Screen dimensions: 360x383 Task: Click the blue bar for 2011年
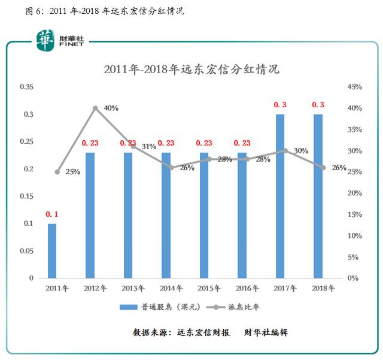click(x=52, y=251)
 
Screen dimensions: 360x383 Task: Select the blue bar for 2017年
click(x=279, y=196)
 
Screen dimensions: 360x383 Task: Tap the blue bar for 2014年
click(x=166, y=216)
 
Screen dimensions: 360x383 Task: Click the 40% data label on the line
click(x=111, y=108)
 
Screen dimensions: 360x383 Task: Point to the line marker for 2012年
click(x=95, y=108)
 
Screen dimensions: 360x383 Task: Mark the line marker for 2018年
click(x=323, y=168)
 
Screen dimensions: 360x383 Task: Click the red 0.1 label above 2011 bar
click(x=52, y=214)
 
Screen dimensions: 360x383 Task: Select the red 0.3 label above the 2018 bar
click(x=318, y=105)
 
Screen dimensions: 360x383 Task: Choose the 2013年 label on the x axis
click(x=133, y=288)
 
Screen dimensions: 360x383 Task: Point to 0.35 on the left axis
click(x=27, y=87)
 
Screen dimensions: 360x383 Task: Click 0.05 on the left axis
click(x=27, y=251)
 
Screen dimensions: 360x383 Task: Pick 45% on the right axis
click(x=355, y=87)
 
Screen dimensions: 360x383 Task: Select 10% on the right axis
click(x=355, y=236)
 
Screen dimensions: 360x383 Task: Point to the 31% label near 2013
click(x=148, y=146)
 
